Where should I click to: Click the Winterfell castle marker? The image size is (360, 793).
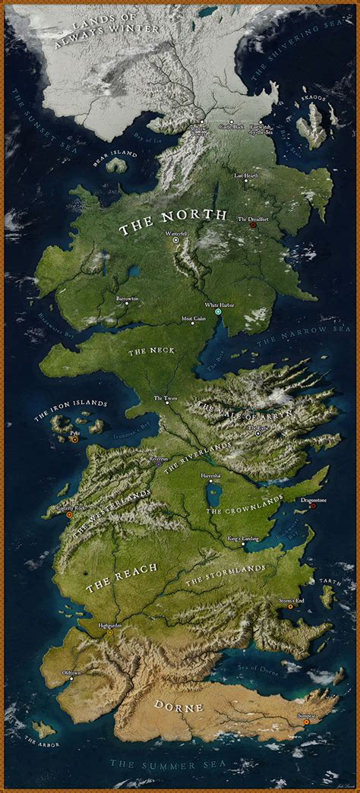tap(176, 239)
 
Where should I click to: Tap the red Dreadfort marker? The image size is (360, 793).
tap(253, 225)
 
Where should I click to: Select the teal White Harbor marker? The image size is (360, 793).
tap(218, 312)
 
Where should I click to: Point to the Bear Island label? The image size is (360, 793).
tap(115, 154)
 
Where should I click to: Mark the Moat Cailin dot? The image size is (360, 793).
tap(193, 324)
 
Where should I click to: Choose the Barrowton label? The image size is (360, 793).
tap(127, 299)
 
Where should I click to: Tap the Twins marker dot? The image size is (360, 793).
tap(168, 403)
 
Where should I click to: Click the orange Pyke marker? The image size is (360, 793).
tap(74, 439)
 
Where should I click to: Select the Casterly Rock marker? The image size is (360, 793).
tap(69, 514)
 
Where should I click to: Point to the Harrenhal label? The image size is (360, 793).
tap(210, 475)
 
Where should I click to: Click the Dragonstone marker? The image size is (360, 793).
tap(312, 505)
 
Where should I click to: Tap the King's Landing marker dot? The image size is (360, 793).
tap(243, 544)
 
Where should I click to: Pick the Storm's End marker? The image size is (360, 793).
tap(290, 606)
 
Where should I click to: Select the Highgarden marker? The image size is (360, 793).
tap(109, 631)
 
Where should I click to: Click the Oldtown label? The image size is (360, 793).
tap(71, 673)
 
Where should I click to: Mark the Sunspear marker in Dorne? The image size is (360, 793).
tap(306, 722)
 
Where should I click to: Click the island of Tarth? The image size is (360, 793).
tap(327, 596)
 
